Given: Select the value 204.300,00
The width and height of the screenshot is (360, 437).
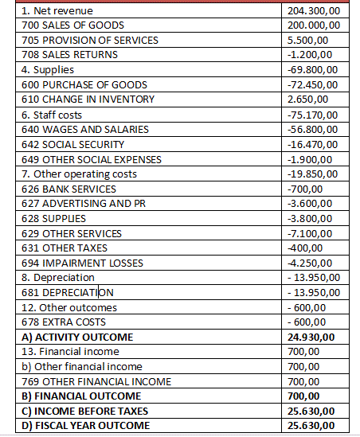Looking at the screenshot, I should [312, 11].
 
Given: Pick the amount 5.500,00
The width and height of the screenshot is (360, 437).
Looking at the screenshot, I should [303, 40].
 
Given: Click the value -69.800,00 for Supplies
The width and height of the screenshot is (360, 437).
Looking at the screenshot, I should [311, 70].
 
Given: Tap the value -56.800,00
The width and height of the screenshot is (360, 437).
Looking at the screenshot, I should [311, 129].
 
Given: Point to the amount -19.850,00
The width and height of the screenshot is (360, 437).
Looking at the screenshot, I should [311, 174].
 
